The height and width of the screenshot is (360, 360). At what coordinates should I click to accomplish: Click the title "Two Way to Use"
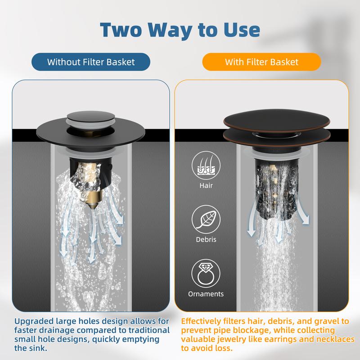coord(180,30)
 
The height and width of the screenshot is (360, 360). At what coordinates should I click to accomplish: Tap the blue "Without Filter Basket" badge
coord(91,62)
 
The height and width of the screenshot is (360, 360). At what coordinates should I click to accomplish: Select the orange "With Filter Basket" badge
coord(261,62)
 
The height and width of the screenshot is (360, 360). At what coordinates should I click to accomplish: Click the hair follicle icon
coord(206,165)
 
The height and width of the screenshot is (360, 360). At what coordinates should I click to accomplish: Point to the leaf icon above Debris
coord(206,220)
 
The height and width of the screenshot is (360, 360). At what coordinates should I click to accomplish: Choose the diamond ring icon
coord(206,274)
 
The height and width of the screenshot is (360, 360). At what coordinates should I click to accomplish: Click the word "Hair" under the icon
coord(206,185)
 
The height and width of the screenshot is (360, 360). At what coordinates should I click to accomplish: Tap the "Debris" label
coord(206,239)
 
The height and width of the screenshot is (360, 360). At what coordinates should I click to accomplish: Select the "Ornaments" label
coord(206,294)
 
